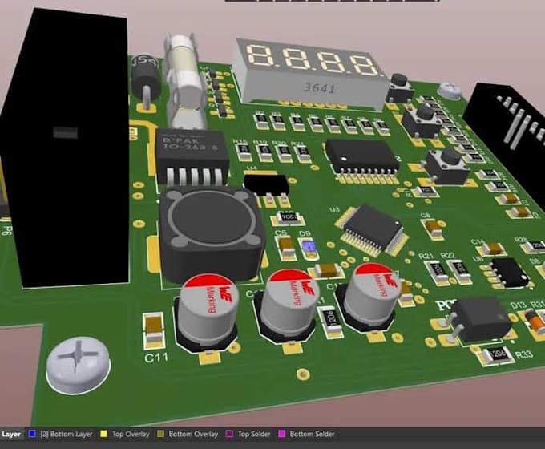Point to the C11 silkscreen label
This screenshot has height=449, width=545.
point(156,358)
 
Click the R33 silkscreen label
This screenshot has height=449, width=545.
point(525,354)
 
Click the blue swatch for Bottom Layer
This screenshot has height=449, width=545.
point(31,434)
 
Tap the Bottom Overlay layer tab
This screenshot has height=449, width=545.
point(190,434)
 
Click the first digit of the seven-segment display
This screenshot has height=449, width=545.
point(263,55)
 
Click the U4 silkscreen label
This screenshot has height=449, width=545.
point(251,169)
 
